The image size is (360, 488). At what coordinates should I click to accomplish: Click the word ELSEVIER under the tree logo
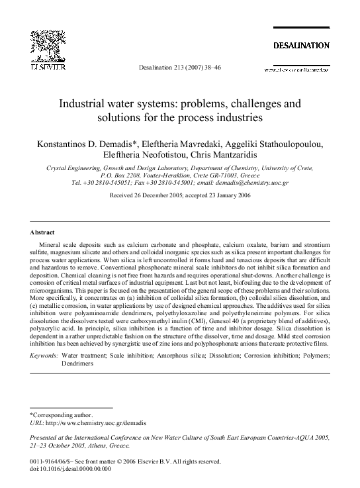point(44,68)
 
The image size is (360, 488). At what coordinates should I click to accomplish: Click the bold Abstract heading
point(42,232)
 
